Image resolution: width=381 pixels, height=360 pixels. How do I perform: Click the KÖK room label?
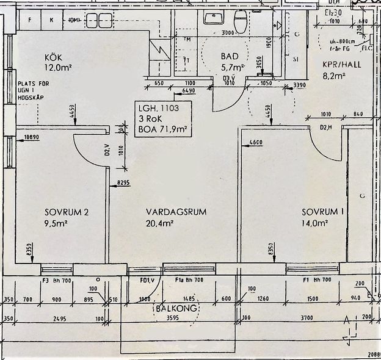pos(54,58)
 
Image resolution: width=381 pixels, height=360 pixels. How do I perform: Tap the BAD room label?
pos(230,56)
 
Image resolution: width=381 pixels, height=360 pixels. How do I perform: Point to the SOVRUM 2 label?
pos(67,212)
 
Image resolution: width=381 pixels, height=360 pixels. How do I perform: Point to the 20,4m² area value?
pos(160,223)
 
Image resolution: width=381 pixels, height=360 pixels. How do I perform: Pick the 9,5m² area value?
pos(57,223)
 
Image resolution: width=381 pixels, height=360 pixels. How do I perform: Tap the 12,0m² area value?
pos(57,69)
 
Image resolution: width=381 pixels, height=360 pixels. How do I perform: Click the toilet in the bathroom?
pos(239,22)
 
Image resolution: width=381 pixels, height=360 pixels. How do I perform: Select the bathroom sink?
pos(214,18)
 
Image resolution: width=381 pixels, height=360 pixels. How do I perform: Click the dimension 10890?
pos(31,138)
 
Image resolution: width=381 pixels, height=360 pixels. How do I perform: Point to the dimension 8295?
pos(123,182)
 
